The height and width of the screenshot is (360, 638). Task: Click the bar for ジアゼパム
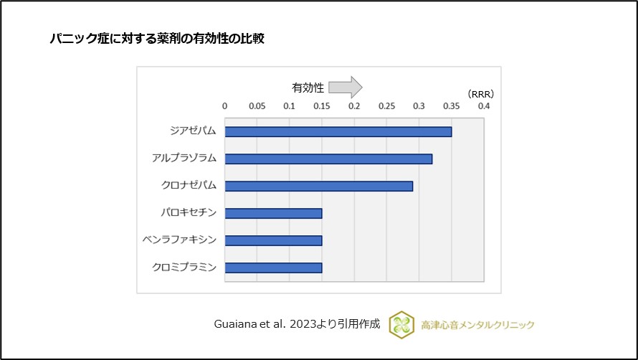(338, 132)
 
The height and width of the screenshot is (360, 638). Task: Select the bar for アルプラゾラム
(328, 158)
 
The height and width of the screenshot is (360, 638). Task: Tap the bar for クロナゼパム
(319, 186)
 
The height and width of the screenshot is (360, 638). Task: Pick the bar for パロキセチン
(273, 213)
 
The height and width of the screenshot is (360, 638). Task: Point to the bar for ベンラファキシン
(273, 240)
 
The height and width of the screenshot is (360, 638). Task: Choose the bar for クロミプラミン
(273, 267)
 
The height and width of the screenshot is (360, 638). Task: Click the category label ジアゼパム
(193, 131)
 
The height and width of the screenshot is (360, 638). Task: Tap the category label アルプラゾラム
(184, 158)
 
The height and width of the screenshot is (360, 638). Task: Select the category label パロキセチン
(189, 212)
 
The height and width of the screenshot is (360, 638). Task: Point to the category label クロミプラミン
(184, 267)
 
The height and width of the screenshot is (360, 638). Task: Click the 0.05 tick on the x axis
(257, 106)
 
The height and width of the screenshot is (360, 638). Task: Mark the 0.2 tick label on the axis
(354, 106)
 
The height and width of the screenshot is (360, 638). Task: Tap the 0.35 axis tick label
(452, 106)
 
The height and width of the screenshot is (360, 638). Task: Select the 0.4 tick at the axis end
(484, 106)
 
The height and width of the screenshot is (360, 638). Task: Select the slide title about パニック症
(157, 39)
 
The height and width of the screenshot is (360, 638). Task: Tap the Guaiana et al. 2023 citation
(297, 324)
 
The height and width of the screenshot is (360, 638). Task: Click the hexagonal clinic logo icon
(401, 325)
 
